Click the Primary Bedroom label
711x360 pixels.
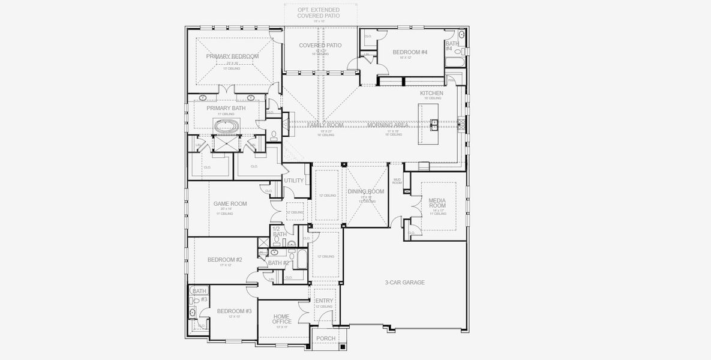point(232,56)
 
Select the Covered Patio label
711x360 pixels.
point(320,46)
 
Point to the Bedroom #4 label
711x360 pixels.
point(410,52)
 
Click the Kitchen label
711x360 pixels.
point(431,94)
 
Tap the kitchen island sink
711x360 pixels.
point(434,124)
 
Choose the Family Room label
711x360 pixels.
point(325,125)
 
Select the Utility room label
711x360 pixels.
point(294,181)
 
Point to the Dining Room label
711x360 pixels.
point(365,191)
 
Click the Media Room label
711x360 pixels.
point(437,202)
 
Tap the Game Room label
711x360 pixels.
point(230,204)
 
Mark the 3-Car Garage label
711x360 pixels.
point(404,282)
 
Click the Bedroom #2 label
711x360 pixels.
point(224,260)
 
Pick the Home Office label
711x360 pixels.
point(281,319)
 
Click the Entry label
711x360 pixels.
point(324,301)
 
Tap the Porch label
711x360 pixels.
point(326,338)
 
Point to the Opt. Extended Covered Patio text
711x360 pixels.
point(319,13)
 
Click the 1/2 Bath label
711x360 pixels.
point(279,232)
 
